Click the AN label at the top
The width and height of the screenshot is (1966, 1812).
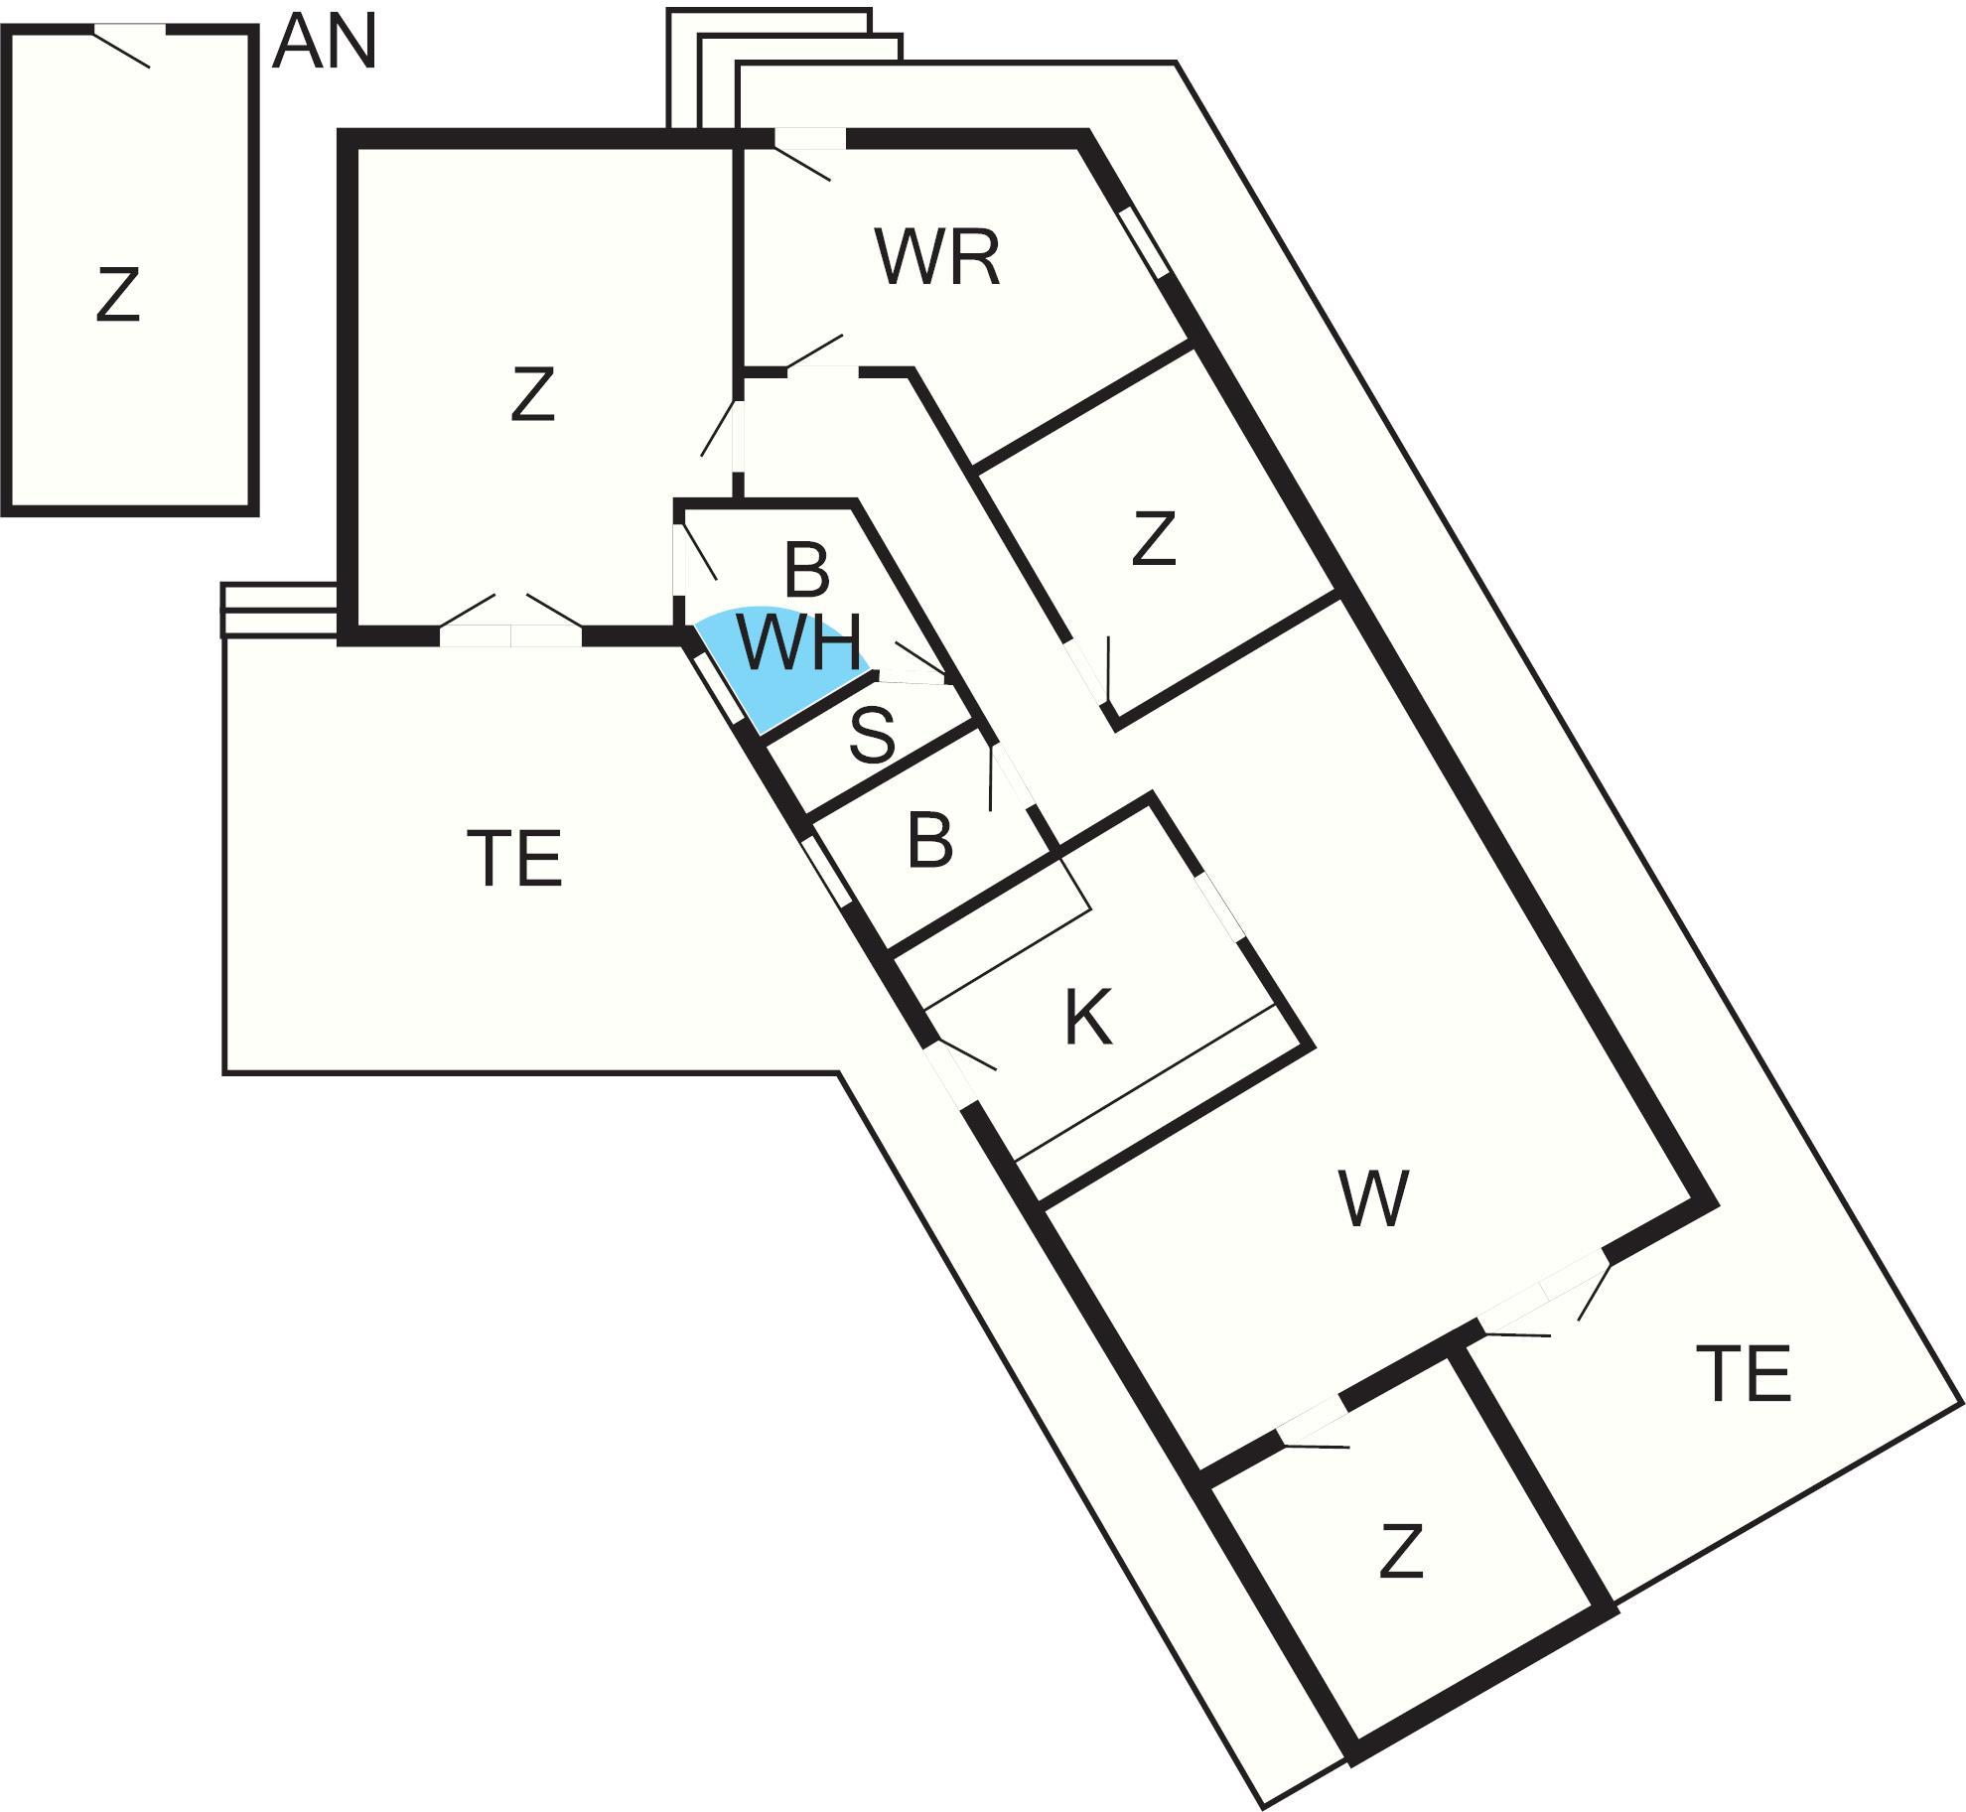tap(325, 45)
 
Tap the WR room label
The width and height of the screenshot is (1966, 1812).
tap(937, 258)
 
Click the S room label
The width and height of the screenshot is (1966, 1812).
tap(873, 736)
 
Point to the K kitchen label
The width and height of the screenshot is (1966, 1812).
tap(1087, 1018)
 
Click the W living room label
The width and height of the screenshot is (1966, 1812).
tap(1373, 1198)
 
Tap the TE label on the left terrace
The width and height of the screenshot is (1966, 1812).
tap(514, 859)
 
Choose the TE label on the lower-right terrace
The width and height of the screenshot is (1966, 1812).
tap(1744, 1374)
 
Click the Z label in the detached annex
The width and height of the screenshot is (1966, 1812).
tap(117, 295)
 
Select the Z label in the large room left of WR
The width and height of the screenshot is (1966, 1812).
tap(532, 394)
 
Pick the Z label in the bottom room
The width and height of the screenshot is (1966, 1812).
tap(1401, 1552)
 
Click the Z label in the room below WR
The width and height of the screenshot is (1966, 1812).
tap(1154, 539)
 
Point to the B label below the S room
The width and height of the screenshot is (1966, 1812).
tap(930, 840)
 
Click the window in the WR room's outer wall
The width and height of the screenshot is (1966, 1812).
tap(1144, 243)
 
